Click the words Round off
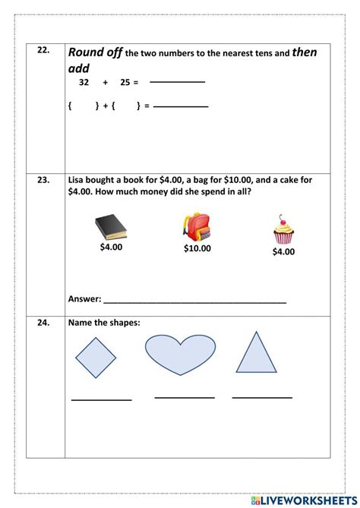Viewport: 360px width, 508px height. [x=95, y=52]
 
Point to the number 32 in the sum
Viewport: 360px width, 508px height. [x=84, y=82]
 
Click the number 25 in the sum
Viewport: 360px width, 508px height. [x=125, y=82]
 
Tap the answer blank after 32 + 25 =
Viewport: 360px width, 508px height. [x=177, y=82]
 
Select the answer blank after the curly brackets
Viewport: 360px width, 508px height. [x=181, y=107]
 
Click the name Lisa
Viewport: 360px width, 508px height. [x=77, y=180]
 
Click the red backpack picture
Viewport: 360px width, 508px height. [x=197, y=226]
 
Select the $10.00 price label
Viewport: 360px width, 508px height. [x=197, y=248]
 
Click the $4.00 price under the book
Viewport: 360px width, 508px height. [x=111, y=246]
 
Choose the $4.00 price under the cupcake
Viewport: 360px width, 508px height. [x=283, y=251]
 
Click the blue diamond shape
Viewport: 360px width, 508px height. [x=96, y=357]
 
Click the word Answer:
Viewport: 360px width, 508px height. [x=84, y=298]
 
